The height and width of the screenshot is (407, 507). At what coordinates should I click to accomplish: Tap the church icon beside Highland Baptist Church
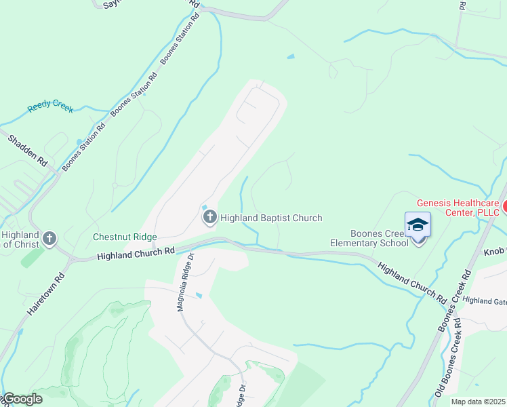click(x=210, y=218)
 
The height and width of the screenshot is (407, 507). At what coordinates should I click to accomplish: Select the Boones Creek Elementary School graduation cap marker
click(x=418, y=226)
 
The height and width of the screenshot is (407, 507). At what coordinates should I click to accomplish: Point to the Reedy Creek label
click(x=50, y=107)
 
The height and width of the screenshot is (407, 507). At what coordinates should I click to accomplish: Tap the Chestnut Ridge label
click(x=125, y=237)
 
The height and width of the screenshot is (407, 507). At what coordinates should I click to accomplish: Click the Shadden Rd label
click(x=28, y=151)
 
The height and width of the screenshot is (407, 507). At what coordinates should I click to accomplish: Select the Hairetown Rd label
click(x=46, y=293)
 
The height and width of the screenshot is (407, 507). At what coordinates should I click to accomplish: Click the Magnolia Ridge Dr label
click(x=185, y=282)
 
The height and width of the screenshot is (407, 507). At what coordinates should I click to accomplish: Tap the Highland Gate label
click(x=485, y=301)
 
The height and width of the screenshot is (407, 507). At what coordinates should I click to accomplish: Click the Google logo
click(x=22, y=399)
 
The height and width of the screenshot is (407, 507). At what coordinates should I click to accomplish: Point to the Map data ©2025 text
click(x=478, y=402)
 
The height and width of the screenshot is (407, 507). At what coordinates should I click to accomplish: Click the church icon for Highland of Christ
click(x=49, y=238)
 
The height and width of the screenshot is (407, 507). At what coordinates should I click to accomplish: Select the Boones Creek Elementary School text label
click(x=369, y=238)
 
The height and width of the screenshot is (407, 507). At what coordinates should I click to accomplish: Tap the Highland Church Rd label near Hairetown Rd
click(x=136, y=254)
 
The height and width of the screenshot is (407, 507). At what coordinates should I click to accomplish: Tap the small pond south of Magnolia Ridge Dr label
click(x=199, y=296)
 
